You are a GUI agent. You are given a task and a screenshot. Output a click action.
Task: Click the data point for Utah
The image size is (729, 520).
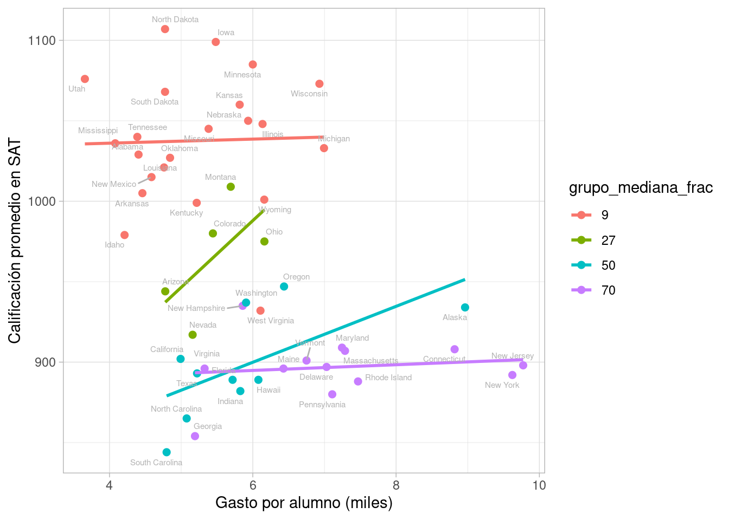pos(85,79)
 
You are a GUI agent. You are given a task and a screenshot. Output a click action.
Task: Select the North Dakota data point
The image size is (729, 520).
pos(165,29)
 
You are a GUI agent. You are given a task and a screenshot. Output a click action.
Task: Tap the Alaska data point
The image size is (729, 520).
pos(465,308)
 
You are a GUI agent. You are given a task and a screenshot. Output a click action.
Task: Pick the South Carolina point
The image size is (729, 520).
pos(167,452)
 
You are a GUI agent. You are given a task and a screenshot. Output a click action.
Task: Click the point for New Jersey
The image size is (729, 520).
pos(523,366)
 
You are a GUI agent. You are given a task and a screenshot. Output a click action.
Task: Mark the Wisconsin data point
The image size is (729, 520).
pos(319,84)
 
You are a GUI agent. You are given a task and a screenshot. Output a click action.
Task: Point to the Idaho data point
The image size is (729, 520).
pos(125,235)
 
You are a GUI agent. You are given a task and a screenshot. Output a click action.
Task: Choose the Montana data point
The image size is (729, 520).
pos(231,187)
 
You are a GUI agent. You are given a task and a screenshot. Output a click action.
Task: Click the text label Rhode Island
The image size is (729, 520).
pos(388,378)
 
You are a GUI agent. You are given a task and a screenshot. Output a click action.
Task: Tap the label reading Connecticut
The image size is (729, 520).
pos(444,359)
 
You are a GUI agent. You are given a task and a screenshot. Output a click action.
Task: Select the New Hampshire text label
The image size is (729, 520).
pos(196,308)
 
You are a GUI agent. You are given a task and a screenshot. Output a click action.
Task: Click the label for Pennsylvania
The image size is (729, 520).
pos(322,405)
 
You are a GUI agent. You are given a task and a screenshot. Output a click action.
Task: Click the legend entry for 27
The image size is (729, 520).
pos(609,240)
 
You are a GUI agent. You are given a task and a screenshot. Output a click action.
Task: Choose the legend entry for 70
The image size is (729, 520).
pos(609,290)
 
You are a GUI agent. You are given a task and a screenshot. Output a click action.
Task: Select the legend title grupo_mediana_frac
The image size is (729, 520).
pos(641,188)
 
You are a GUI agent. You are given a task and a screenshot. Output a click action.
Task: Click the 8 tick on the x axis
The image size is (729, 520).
pos(396,485)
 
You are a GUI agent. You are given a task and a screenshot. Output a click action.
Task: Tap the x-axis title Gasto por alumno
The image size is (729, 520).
pos(304,503)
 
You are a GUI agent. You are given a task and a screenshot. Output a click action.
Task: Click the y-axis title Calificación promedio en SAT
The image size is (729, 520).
pos(15,241)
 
